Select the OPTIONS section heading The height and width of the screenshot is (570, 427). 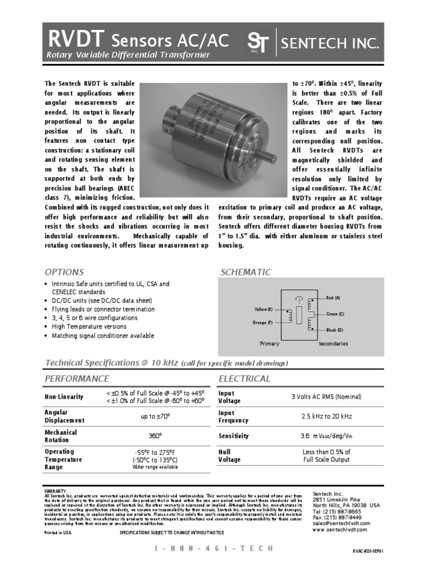pyautogui.click(x=64, y=272)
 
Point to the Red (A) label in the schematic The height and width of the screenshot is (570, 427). pyautogui.click(x=334, y=299)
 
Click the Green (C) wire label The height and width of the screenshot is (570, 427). pyautogui.click(x=335, y=315)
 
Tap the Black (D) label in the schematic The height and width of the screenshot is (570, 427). pyautogui.click(x=334, y=330)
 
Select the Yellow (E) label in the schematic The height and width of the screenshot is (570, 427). pyautogui.click(x=264, y=309)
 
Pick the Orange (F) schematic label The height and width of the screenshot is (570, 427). pyautogui.click(x=263, y=322)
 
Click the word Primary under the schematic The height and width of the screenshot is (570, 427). pyautogui.click(x=270, y=343)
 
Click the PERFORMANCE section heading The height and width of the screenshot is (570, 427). pyautogui.click(x=76, y=379)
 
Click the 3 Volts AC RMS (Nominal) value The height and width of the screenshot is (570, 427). pyautogui.click(x=326, y=397)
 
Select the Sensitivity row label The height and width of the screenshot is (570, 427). pyautogui.click(x=234, y=436)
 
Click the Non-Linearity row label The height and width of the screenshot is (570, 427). pyautogui.click(x=64, y=397)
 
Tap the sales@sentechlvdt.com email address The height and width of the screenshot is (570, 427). pyautogui.click(x=341, y=523)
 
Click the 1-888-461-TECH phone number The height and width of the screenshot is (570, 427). pyautogui.click(x=213, y=548)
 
